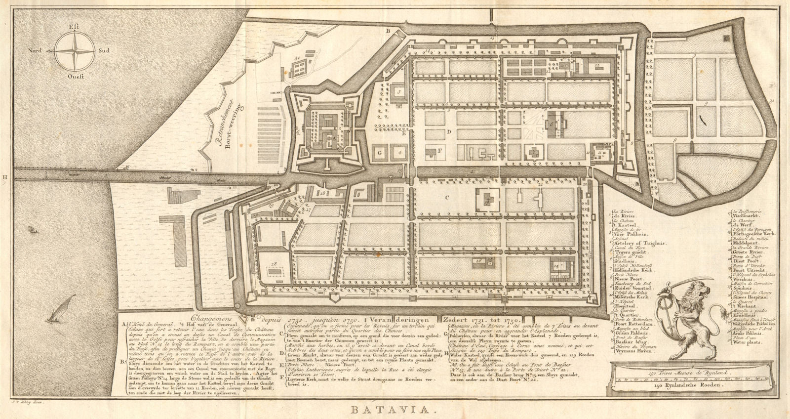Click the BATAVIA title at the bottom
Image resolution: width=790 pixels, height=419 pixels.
coord(395,410)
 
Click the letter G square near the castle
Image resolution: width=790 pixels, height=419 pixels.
coord(380,153)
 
